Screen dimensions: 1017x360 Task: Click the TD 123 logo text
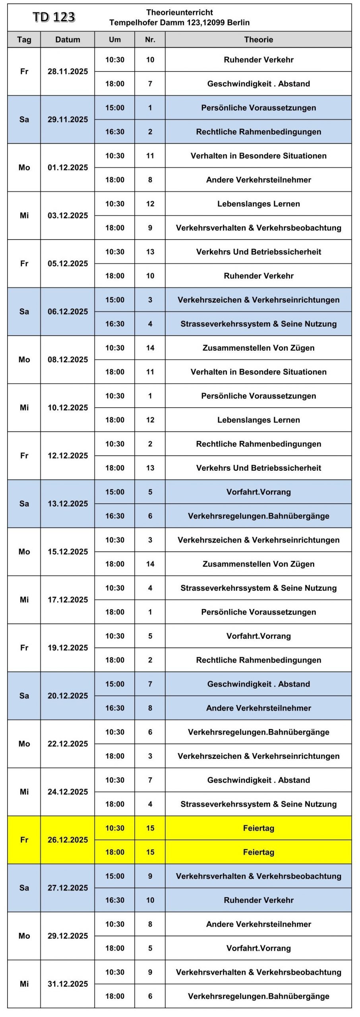tap(54, 17)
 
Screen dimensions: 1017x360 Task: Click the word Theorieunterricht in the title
tap(180, 12)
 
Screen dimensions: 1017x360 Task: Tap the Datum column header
tap(68, 40)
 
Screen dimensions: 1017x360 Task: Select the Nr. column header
tap(150, 40)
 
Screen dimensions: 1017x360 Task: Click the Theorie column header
tap(258, 40)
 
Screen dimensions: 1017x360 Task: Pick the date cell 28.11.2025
tap(68, 72)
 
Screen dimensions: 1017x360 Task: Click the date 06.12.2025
tap(68, 311)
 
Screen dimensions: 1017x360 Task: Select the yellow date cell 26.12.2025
tap(68, 840)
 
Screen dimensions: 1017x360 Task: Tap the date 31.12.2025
tap(68, 984)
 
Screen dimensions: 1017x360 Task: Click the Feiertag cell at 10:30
tap(258, 828)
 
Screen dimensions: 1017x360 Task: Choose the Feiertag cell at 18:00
tap(258, 852)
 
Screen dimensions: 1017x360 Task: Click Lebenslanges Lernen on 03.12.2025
tap(258, 204)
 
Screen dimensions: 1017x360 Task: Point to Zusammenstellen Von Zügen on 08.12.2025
tap(258, 348)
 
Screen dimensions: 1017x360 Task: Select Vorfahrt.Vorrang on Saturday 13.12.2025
tap(258, 492)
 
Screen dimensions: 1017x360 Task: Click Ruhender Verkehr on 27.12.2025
tap(258, 900)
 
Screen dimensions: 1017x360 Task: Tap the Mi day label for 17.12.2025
tap(24, 600)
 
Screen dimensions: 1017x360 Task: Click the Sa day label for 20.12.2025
tap(24, 696)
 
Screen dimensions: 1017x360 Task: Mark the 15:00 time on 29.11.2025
tap(115, 108)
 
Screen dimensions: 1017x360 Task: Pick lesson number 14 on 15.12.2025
tap(150, 564)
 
